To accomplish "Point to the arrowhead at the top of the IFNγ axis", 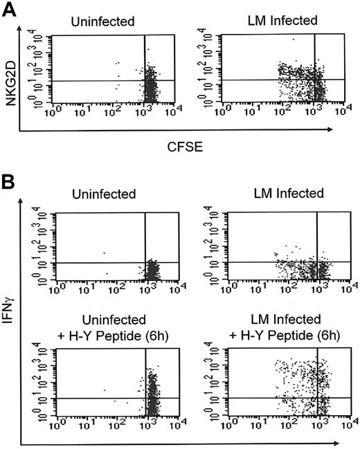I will coord(23,205).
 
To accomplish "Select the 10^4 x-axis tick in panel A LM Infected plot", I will coord(352,110).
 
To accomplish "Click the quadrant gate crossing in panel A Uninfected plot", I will coord(145,81).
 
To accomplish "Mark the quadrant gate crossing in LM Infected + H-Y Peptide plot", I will coord(318,398).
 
